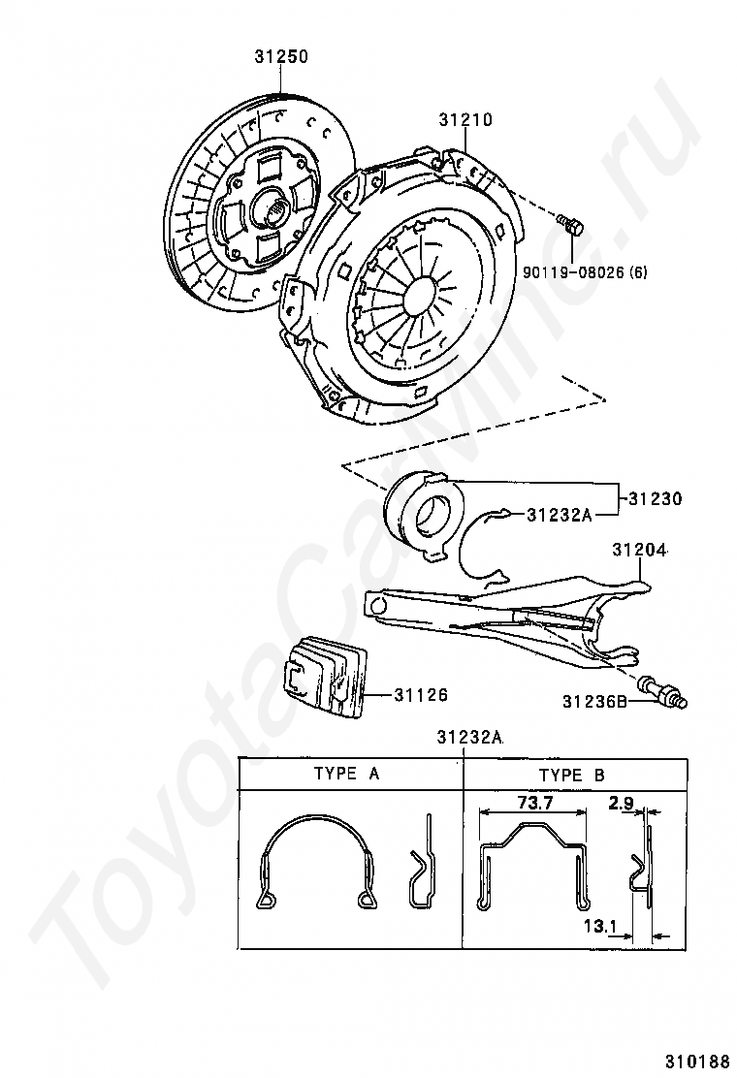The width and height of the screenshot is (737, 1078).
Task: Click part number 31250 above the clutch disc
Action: [x=281, y=56]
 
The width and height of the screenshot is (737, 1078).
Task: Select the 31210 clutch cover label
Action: [x=465, y=119]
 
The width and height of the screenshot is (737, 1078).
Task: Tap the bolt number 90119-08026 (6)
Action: [x=585, y=272]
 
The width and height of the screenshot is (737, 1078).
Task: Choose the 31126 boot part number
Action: [x=421, y=695]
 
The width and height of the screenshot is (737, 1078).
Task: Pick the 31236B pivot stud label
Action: [x=594, y=701]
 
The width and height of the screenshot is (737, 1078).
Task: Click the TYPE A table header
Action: [x=346, y=774]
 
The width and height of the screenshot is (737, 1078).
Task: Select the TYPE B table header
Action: [x=572, y=775]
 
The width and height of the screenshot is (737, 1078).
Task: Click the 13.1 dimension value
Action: [x=599, y=926]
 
